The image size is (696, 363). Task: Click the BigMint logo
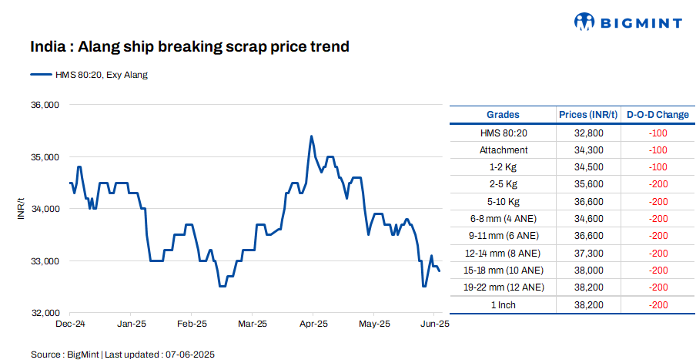(x=627, y=22)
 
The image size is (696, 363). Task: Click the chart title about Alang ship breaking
(x=189, y=47)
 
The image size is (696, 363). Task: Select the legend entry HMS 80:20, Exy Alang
(x=89, y=75)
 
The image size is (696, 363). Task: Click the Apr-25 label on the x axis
(x=312, y=324)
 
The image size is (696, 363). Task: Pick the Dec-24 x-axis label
(x=70, y=324)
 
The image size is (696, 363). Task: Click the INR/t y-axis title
(x=21, y=209)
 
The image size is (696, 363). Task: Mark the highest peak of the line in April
(x=311, y=136)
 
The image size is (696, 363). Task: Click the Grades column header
(x=503, y=115)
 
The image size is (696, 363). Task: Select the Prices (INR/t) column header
(x=588, y=115)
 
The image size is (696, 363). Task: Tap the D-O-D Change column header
(x=658, y=115)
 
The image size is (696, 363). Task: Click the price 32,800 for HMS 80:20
(x=588, y=133)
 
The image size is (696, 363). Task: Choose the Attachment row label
(x=503, y=150)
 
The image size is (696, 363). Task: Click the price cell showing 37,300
(x=588, y=253)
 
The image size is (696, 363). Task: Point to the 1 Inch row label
(x=503, y=304)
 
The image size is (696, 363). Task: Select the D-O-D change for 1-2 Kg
(x=658, y=167)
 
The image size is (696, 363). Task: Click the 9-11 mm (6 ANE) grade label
(x=503, y=236)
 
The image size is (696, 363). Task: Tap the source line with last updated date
(x=122, y=355)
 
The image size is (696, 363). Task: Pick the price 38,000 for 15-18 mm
(x=588, y=271)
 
